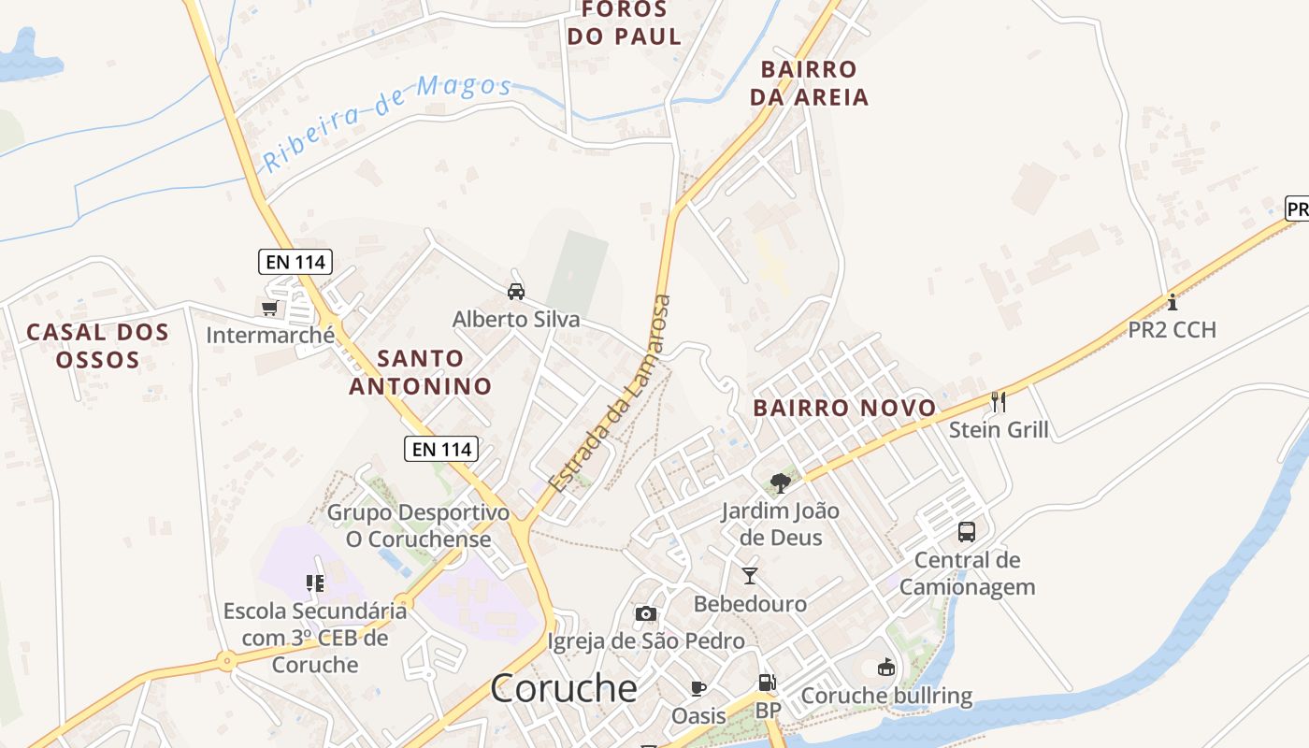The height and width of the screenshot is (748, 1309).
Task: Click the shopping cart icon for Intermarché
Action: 270,308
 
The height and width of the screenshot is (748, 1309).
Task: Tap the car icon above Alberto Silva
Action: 515,291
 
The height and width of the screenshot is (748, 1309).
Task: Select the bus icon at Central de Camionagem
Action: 967,532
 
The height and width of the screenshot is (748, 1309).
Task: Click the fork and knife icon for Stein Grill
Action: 999,402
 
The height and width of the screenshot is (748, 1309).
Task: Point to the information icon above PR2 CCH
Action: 1172,301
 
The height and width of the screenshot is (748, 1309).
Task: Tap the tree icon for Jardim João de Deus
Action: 780,483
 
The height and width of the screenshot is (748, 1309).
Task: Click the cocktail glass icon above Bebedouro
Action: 749,575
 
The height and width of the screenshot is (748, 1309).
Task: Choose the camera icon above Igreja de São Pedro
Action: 645,613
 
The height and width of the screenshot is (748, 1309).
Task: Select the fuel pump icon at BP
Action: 767,683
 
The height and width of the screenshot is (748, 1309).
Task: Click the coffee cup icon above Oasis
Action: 698,688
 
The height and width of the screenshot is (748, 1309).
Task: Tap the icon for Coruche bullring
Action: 886,668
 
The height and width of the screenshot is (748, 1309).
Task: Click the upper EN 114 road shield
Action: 295,262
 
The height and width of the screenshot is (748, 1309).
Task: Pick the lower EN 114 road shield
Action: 442,449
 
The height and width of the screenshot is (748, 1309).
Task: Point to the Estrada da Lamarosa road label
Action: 611,395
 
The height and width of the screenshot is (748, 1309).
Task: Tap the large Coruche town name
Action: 564,688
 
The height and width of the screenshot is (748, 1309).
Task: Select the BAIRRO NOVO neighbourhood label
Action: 844,408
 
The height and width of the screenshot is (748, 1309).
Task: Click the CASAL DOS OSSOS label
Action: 97,345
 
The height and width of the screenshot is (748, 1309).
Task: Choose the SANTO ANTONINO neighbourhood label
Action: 420,371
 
